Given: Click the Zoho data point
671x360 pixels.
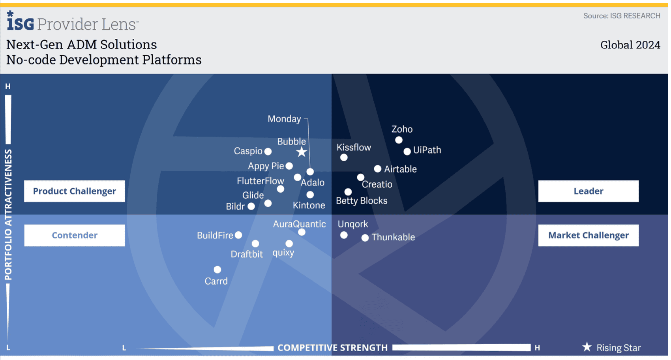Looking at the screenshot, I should [x=399, y=140].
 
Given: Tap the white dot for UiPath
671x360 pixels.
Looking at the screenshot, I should [x=407, y=151].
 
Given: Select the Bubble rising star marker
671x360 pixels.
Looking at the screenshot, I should [x=302, y=152].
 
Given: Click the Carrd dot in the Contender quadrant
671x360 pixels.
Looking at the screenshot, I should [x=217, y=270].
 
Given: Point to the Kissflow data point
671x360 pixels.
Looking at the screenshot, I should [x=344, y=157].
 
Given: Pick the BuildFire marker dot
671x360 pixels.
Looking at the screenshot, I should [x=238, y=235].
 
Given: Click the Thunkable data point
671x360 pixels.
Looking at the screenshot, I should [x=365, y=238].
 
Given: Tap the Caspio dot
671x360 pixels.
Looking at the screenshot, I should [x=268, y=152].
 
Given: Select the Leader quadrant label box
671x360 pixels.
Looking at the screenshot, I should [x=588, y=191].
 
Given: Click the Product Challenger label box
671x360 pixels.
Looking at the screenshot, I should [x=75, y=191].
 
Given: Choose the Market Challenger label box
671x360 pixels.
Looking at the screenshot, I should [x=588, y=235].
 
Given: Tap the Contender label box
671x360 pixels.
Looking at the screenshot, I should [x=75, y=235].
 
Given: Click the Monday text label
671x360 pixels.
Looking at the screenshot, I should [x=284, y=119].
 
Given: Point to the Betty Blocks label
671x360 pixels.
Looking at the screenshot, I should [x=362, y=201].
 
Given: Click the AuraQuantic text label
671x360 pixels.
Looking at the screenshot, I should [x=299, y=224].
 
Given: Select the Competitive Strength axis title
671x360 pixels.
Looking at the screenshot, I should [x=332, y=348].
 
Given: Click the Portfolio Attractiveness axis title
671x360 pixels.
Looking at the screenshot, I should [x=8, y=215].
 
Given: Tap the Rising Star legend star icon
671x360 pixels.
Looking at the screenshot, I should [x=587, y=347].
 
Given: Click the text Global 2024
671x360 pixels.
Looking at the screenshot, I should [x=630, y=45].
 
